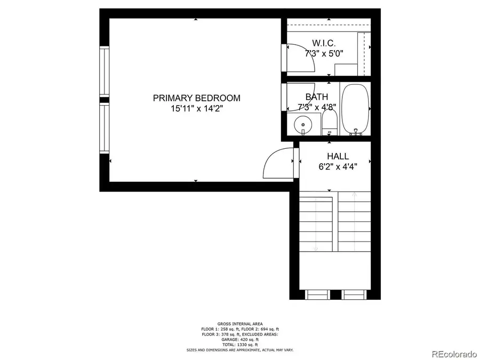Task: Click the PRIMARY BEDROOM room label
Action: [x=196, y=98]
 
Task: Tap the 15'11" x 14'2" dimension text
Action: [x=196, y=109]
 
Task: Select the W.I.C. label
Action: [x=323, y=43]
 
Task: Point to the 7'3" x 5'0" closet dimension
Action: [x=324, y=53]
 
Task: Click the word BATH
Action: [x=316, y=97]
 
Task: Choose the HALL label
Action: [x=338, y=156]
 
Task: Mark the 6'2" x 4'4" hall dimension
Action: [x=338, y=166]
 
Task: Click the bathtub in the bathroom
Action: [x=355, y=110]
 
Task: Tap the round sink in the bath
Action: [x=303, y=124]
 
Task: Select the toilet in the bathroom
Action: [x=330, y=122]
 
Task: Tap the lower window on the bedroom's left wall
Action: [x=104, y=128]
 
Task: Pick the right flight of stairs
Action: [x=354, y=224]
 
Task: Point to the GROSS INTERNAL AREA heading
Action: [x=239, y=324]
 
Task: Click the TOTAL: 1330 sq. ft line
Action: [x=239, y=345]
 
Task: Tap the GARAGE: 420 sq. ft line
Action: [x=239, y=339]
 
